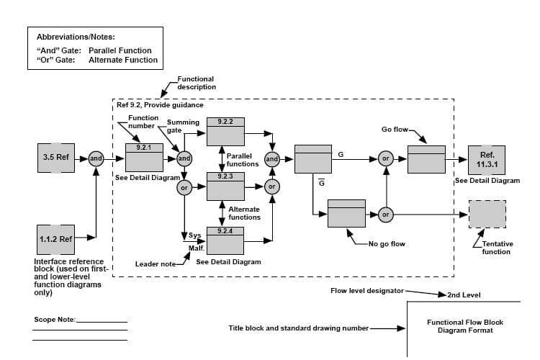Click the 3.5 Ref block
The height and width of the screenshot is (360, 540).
click(x=56, y=158)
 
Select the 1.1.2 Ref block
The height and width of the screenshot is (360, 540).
click(x=56, y=238)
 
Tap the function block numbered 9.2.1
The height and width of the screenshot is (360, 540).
click(x=144, y=158)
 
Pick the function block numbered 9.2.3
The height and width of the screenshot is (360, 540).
click(x=226, y=186)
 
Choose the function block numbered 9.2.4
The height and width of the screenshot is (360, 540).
click(x=226, y=240)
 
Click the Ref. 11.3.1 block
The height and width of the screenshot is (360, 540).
click(x=487, y=158)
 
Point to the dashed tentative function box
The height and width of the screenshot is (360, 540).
click(x=487, y=214)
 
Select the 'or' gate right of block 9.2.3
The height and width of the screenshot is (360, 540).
click(x=272, y=186)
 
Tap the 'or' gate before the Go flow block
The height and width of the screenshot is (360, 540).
click(x=386, y=158)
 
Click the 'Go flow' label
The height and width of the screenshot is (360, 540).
click(x=395, y=130)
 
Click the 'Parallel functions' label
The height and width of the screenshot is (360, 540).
click(x=243, y=160)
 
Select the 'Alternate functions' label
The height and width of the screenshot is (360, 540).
click(x=243, y=213)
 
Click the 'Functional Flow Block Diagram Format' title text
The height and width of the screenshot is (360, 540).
click(x=464, y=326)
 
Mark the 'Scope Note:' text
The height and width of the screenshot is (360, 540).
click(x=55, y=319)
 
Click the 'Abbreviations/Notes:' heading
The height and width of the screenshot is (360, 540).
click(x=76, y=37)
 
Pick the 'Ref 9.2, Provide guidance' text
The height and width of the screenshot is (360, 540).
click(x=153, y=105)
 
